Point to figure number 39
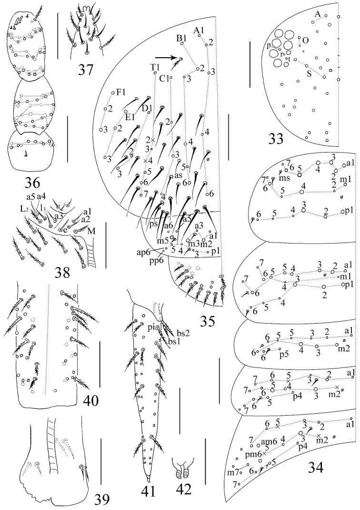point(101,499)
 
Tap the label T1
point(154,67)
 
